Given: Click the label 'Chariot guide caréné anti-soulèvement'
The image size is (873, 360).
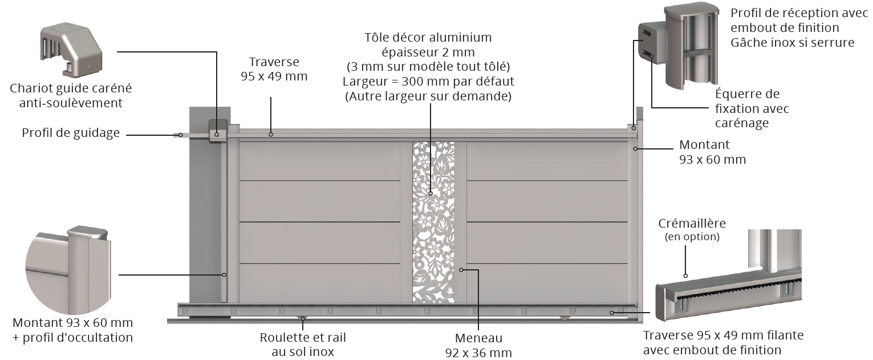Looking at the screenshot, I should pyautogui.click(x=71, y=95).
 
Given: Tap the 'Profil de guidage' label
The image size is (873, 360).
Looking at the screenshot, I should pyautogui.click(x=71, y=133).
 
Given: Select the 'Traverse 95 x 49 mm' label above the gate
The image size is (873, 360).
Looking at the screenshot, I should pyautogui.click(x=274, y=69).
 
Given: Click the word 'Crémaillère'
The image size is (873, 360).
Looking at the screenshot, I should pyautogui.click(x=692, y=223).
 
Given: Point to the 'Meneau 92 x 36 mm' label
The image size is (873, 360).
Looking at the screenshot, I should pyautogui.click(x=478, y=345).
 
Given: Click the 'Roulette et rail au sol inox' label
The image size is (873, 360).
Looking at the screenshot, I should pyautogui.click(x=303, y=344).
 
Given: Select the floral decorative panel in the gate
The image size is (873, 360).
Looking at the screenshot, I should pyautogui.click(x=433, y=223).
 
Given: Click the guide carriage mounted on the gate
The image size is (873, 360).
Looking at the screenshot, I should pyautogui.click(x=218, y=132).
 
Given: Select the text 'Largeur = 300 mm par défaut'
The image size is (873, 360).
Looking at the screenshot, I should pyautogui.click(x=428, y=81).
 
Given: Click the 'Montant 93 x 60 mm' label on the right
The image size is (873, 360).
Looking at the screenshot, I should pyautogui.click(x=712, y=152).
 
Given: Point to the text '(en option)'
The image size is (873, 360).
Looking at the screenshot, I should pyautogui.click(x=692, y=236).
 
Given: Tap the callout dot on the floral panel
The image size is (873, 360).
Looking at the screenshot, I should pyautogui.click(x=431, y=193).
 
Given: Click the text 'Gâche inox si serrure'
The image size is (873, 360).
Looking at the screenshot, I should pyautogui.click(x=792, y=42).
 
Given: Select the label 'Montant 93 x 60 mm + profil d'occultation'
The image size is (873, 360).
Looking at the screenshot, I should pyautogui.click(x=72, y=330).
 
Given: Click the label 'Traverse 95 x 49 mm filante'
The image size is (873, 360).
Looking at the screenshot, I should pyautogui.click(x=723, y=335).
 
